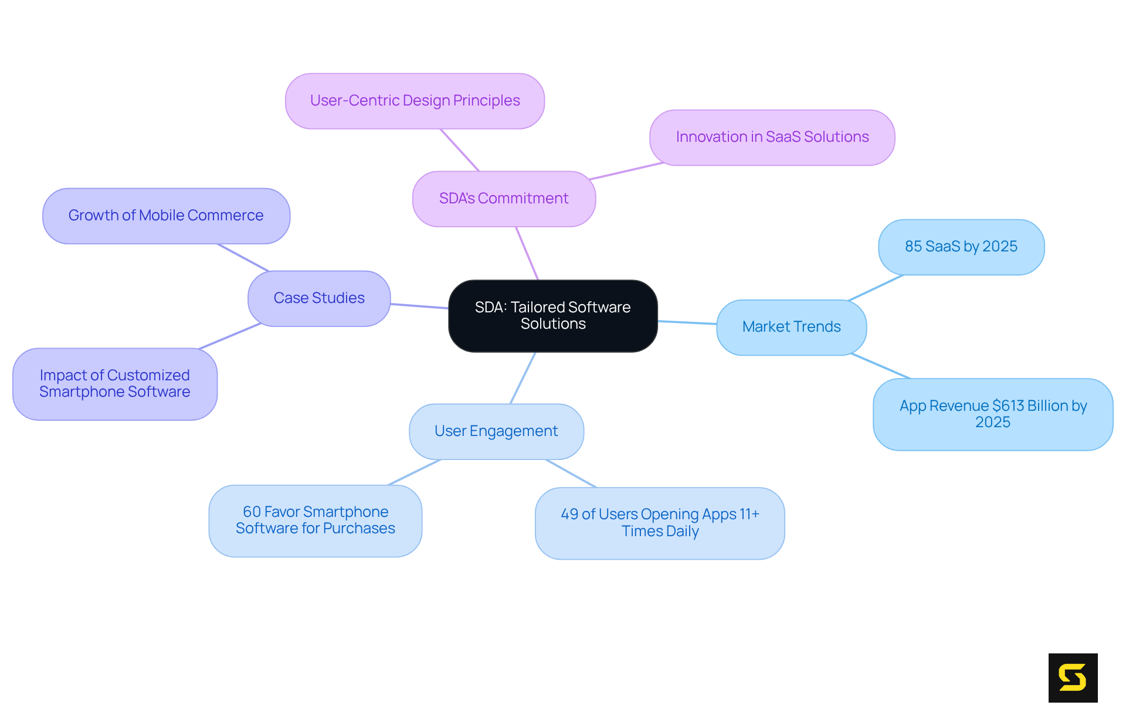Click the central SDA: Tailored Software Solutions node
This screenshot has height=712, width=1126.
[x=552, y=316]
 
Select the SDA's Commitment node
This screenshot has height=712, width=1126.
[x=504, y=199]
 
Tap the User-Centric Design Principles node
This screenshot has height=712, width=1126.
[x=415, y=101]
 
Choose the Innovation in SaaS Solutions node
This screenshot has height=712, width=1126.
[x=772, y=137]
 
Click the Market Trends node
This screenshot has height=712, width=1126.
[x=791, y=327]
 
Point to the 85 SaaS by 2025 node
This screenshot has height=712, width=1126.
[x=961, y=247]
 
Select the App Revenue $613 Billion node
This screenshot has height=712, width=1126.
[x=992, y=414]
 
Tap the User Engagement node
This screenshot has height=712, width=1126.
[x=496, y=431]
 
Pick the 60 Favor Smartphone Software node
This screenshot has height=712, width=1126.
[x=315, y=520]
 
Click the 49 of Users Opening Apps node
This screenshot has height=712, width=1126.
[x=659, y=523]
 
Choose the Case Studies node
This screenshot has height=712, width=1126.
[x=319, y=298]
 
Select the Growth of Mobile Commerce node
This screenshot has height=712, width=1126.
[x=166, y=216]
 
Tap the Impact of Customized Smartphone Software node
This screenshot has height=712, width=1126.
[x=115, y=384]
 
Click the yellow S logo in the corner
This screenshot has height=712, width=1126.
[x=1073, y=677]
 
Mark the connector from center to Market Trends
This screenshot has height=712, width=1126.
[x=687, y=322]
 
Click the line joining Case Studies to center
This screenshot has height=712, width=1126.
[x=419, y=306]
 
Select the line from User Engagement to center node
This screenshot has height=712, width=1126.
[x=523, y=378]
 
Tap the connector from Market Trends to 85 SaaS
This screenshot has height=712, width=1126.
[x=876, y=288]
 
